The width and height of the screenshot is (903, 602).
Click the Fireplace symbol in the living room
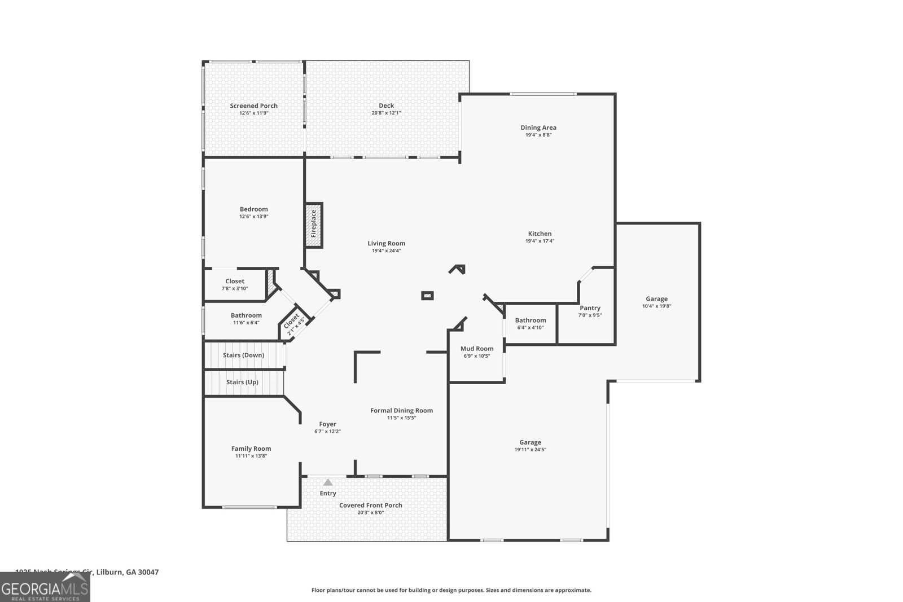(x=314, y=225)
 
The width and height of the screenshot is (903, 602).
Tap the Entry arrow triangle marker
(x=328, y=482)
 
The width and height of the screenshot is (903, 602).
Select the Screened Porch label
(x=253, y=106)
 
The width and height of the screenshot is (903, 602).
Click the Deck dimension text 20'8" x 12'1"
(x=386, y=113)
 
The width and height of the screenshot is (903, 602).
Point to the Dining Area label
(x=538, y=128)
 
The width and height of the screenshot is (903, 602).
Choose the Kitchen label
(x=540, y=234)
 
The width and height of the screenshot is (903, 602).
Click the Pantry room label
(x=590, y=308)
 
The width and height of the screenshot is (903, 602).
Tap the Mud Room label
(x=477, y=349)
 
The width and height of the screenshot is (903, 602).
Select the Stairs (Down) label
(x=243, y=355)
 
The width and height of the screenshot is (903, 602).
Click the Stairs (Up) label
(x=242, y=382)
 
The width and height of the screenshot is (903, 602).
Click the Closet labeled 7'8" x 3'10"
(x=235, y=284)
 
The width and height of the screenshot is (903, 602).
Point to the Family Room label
(x=251, y=449)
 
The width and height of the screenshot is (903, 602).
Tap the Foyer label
(x=327, y=424)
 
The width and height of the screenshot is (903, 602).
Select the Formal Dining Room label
(x=401, y=411)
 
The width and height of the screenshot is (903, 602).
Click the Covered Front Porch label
(x=370, y=505)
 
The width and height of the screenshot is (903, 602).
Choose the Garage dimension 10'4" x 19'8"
(x=656, y=306)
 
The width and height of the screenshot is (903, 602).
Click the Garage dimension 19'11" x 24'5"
(x=530, y=450)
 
